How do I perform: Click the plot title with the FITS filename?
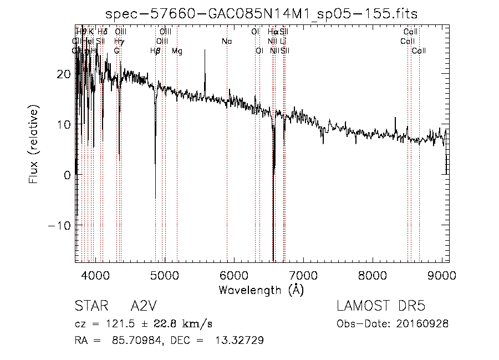click(x=262, y=13)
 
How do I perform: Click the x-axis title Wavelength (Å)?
click(x=261, y=290)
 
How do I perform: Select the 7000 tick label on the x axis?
click(x=303, y=275)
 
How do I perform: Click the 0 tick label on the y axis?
click(x=67, y=175)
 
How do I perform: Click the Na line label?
click(x=226, y=42)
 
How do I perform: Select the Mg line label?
click(x=177, y=51)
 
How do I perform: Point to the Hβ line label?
click(x=155, y=51)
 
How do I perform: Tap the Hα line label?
click(x=272, y=32)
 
